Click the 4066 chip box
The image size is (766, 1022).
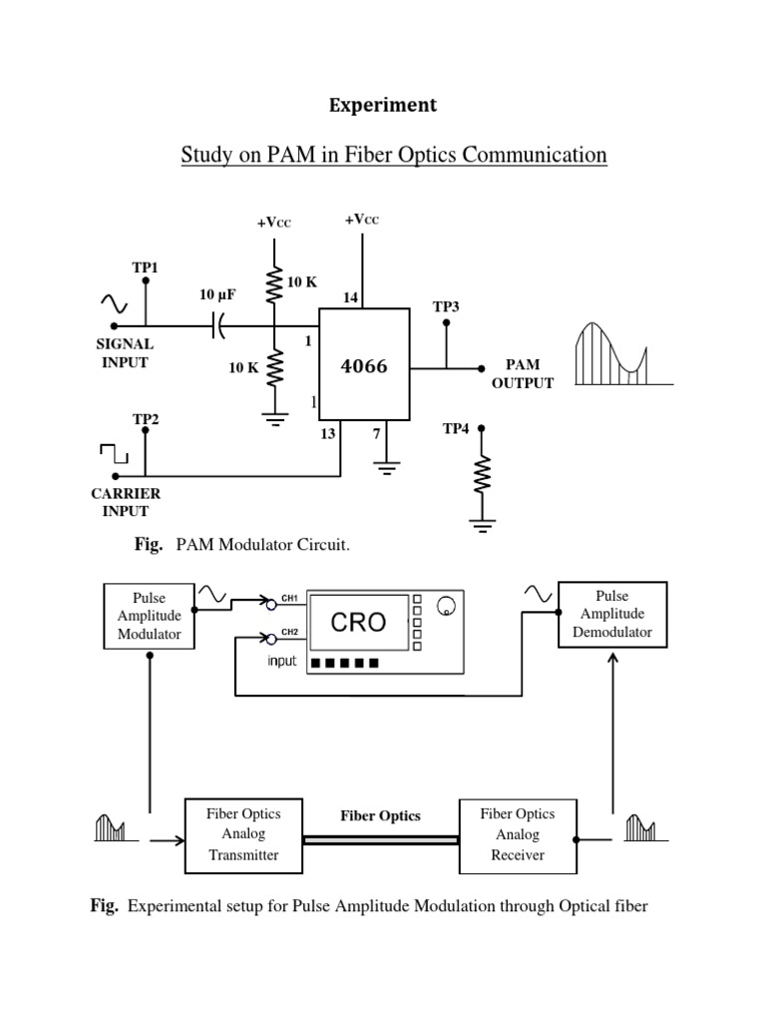(x=364, y=365)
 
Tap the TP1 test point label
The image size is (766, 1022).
(x=146, y=267)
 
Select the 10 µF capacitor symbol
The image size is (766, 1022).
(x=218, y=325)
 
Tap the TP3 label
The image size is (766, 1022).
(x=446, y=307)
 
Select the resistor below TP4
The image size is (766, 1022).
(x=482, y=475)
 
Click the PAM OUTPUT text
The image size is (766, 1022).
(x=522, y=374)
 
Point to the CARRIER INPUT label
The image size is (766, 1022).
(x=126, y=502)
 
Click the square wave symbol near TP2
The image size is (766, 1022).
(x=114, y=456)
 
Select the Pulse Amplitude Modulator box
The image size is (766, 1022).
(x=150, y=615)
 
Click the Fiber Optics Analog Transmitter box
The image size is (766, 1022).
(x=242, y=834)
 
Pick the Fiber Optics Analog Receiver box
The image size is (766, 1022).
(x=516, y=834)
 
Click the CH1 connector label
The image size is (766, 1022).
(x=289, y=597)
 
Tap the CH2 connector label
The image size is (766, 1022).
(x=289, y=632)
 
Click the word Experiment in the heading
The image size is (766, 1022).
(x=383, y=105)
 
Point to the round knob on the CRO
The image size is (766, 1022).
(x=447, y=607)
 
